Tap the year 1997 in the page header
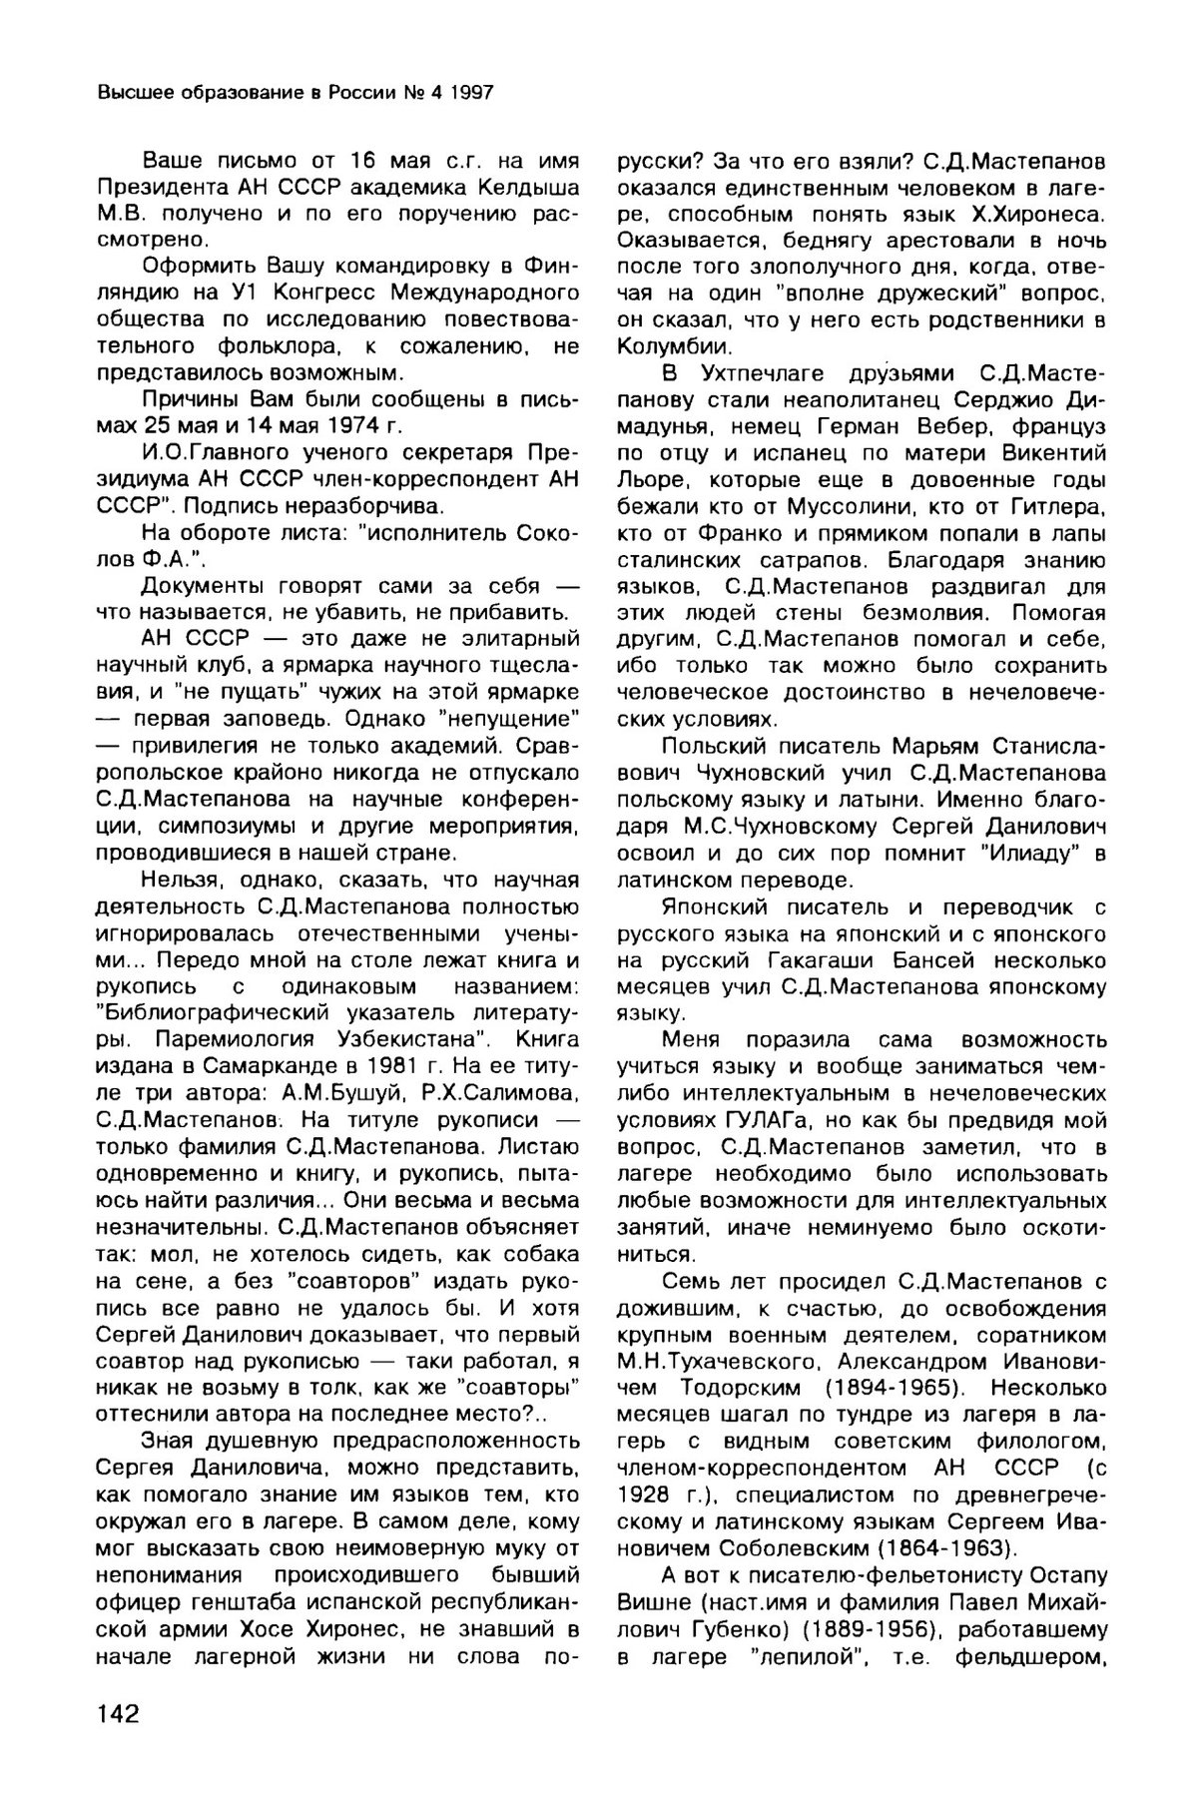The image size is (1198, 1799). pos(469,94)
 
